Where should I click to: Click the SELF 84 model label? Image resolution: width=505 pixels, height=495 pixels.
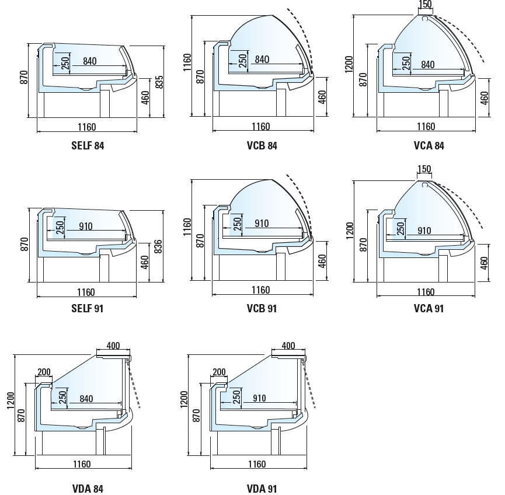[x=88, y=145]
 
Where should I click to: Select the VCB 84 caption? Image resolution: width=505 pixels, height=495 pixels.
[x=262, y=145]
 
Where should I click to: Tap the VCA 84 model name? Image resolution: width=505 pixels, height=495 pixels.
[x=429, y=145]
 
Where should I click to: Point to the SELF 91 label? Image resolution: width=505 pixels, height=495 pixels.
[x=87, y=309]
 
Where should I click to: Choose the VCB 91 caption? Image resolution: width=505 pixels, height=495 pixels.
[x=262, y=309]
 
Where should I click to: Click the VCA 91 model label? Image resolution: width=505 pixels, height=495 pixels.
[x=429, y=309]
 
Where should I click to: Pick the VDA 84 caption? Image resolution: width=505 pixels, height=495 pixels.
[x=88, y=489]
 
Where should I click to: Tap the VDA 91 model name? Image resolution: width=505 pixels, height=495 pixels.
[x=262, y=489]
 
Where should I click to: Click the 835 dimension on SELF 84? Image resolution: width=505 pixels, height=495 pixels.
[x=159, y=82]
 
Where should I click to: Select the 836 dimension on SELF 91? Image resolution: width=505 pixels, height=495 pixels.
[x=158, y=247]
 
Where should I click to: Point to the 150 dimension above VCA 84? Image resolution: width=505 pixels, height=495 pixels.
[x=425, y=4]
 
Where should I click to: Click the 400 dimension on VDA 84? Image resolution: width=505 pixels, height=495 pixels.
[x=113, y=346]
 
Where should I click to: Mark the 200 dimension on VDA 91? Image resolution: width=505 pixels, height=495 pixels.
[x=219, y=372]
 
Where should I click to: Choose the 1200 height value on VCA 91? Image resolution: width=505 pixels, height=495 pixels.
[x=350, y=231]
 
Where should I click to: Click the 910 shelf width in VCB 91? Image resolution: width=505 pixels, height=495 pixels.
[x=262, y=223]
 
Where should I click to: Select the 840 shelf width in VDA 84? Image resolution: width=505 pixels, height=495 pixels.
[x=86, y=399]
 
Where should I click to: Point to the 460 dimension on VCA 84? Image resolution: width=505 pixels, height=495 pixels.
[x=484, y=98]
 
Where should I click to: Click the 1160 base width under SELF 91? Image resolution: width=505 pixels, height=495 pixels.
[x=86, y=292]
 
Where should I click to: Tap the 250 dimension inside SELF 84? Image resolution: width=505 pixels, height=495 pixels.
[x=65, y=63]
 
